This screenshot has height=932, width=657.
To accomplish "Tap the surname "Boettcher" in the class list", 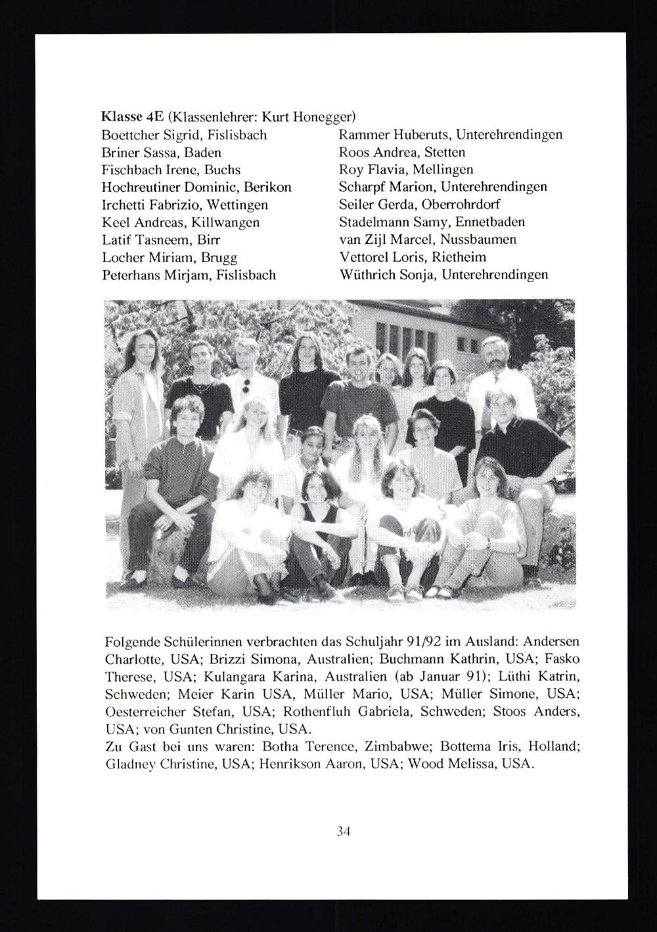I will tap(128, 135).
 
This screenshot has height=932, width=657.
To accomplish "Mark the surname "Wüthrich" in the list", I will tap(365, 275).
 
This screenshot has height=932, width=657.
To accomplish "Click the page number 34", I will tap(343, 831).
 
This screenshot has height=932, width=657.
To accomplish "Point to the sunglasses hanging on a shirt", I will tap(246, 385).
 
